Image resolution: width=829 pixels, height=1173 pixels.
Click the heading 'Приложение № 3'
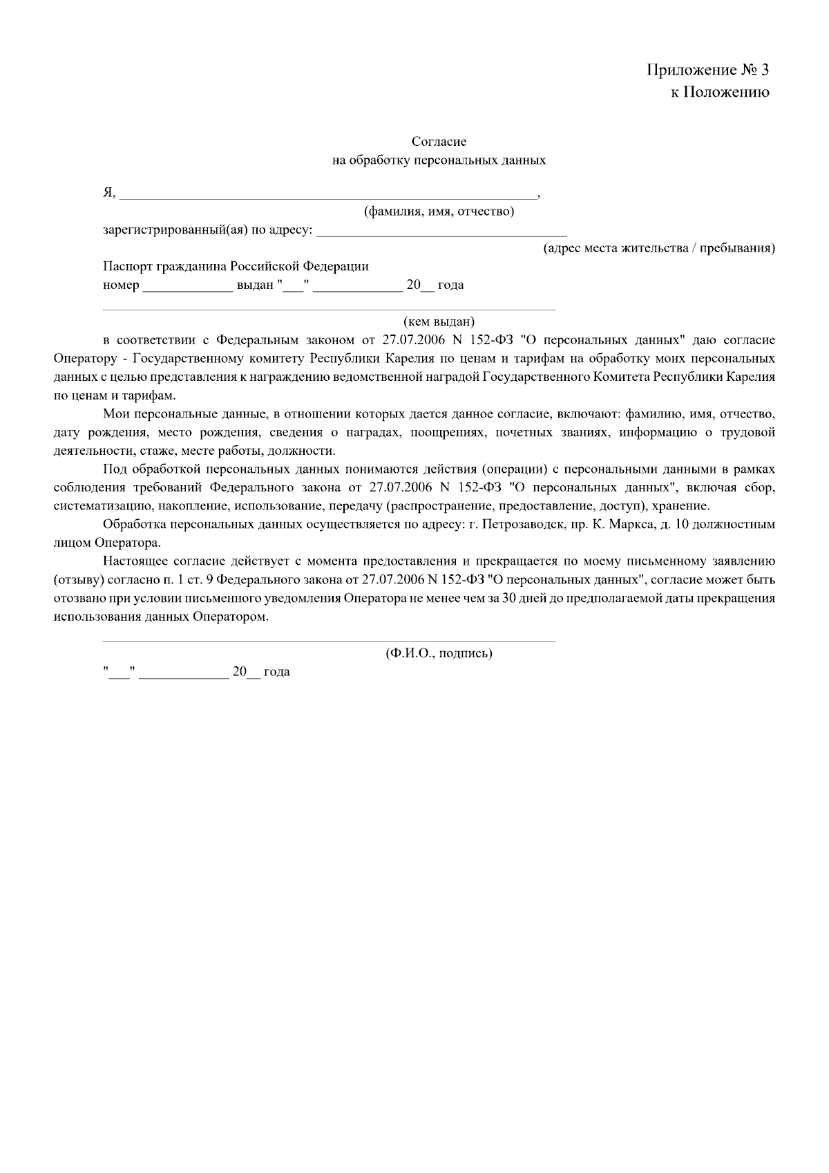(707, 70)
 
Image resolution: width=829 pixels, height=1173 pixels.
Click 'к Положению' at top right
(720, 93)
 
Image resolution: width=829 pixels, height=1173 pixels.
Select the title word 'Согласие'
(439, 142)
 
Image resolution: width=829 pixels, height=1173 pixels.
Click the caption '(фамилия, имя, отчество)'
(439, 212)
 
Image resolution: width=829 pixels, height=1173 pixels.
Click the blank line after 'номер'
(187, 286)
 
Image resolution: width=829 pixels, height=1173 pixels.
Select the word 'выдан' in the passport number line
(255, 285)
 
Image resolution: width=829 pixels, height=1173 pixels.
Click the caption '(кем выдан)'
(439, 321)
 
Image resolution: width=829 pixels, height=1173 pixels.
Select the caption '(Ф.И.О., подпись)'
(439, 653)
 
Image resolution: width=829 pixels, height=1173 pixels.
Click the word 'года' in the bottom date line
(277, 672)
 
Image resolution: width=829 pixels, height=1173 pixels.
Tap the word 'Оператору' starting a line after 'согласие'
(82, 359)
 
